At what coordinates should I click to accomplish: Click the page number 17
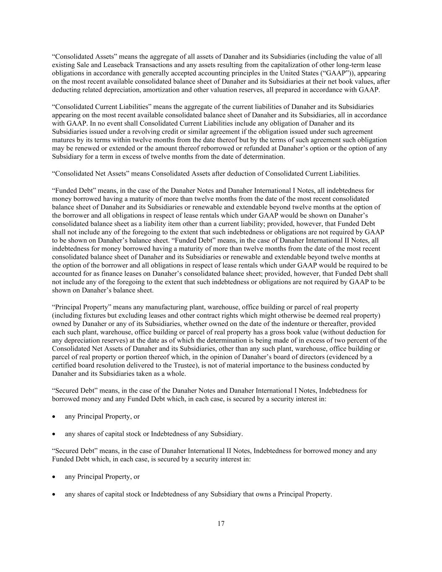tap(221, 523)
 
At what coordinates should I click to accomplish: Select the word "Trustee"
tap(181, 365)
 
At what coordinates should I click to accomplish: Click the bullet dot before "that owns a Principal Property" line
tap(54, 494)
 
